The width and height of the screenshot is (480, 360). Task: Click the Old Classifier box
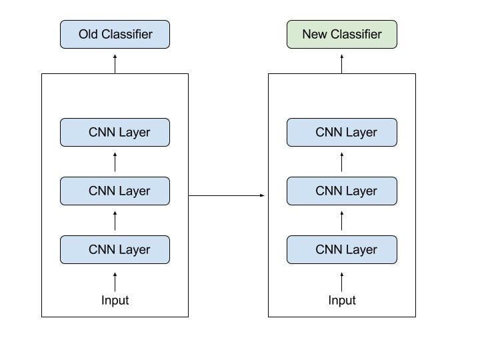pos(115,34)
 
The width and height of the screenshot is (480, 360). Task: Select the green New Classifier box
pos(342,34)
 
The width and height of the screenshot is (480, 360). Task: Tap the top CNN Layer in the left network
pos(115,132)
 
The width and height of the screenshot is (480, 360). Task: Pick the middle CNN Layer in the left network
pos(115,191)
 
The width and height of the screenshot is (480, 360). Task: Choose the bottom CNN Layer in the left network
pos(115,249)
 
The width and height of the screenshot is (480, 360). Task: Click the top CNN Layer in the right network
pos(342,132)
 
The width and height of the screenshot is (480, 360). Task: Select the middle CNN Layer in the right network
pos(342,191)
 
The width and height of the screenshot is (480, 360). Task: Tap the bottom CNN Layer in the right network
pos(342,249)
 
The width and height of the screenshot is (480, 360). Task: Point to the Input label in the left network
pos(115,300)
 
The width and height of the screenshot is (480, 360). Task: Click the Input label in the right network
pos(342,300)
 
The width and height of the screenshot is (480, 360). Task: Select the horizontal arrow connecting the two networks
pos(227,195)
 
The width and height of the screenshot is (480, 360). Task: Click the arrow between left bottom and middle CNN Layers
pos(115,221)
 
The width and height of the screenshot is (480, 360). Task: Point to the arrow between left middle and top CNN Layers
pos(115,162)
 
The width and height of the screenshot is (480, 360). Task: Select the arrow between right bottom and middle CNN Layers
pos(342,221)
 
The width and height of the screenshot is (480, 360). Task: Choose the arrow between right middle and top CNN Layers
pos(342,162)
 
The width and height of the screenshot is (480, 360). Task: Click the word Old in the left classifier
pos(89,34)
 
